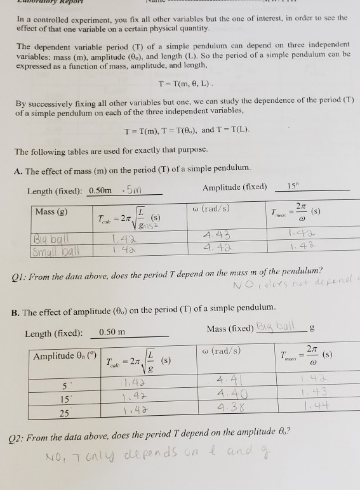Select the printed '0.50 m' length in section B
(112, 333)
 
